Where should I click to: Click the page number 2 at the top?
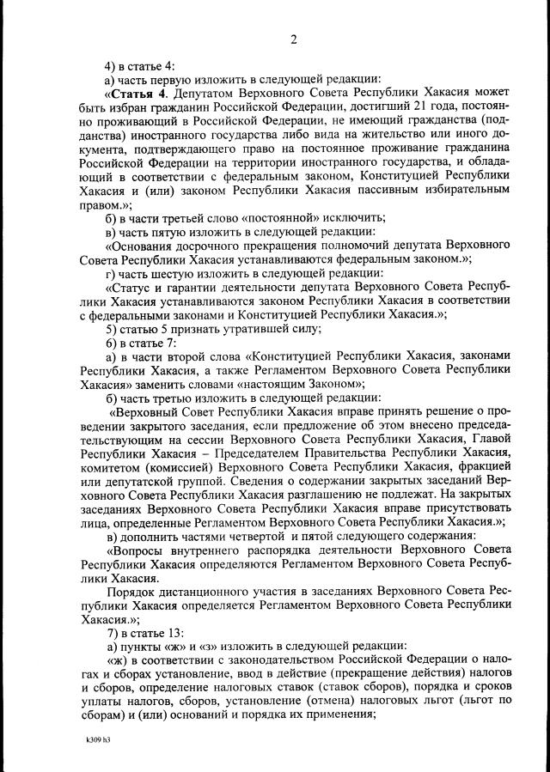[294, 40]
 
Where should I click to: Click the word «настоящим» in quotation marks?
[252, 384]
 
